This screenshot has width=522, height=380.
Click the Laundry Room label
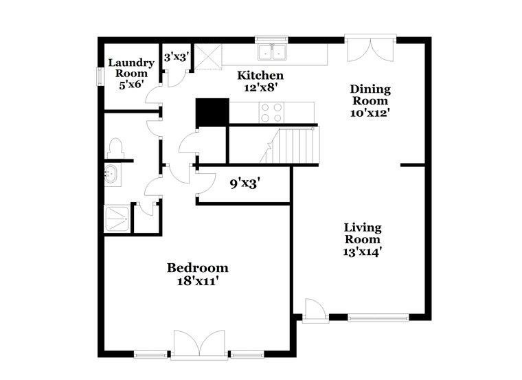131,68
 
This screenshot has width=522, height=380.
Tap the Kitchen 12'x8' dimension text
260,88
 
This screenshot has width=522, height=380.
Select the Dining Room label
370,95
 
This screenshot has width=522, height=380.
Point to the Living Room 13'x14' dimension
362,252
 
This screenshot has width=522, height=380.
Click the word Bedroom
197,268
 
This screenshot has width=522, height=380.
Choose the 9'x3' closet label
245,183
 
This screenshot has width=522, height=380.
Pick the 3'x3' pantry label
177,57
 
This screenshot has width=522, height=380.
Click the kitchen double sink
272,52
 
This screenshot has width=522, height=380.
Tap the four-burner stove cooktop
272,113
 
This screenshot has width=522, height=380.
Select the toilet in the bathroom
115,148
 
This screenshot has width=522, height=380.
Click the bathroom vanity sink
110,174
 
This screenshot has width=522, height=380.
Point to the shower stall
117,219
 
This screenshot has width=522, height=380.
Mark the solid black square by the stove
212,113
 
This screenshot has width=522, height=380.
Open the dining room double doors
370,50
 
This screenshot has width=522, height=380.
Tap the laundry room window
100,76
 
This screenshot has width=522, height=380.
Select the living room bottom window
378,317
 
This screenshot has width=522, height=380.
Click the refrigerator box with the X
208,56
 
